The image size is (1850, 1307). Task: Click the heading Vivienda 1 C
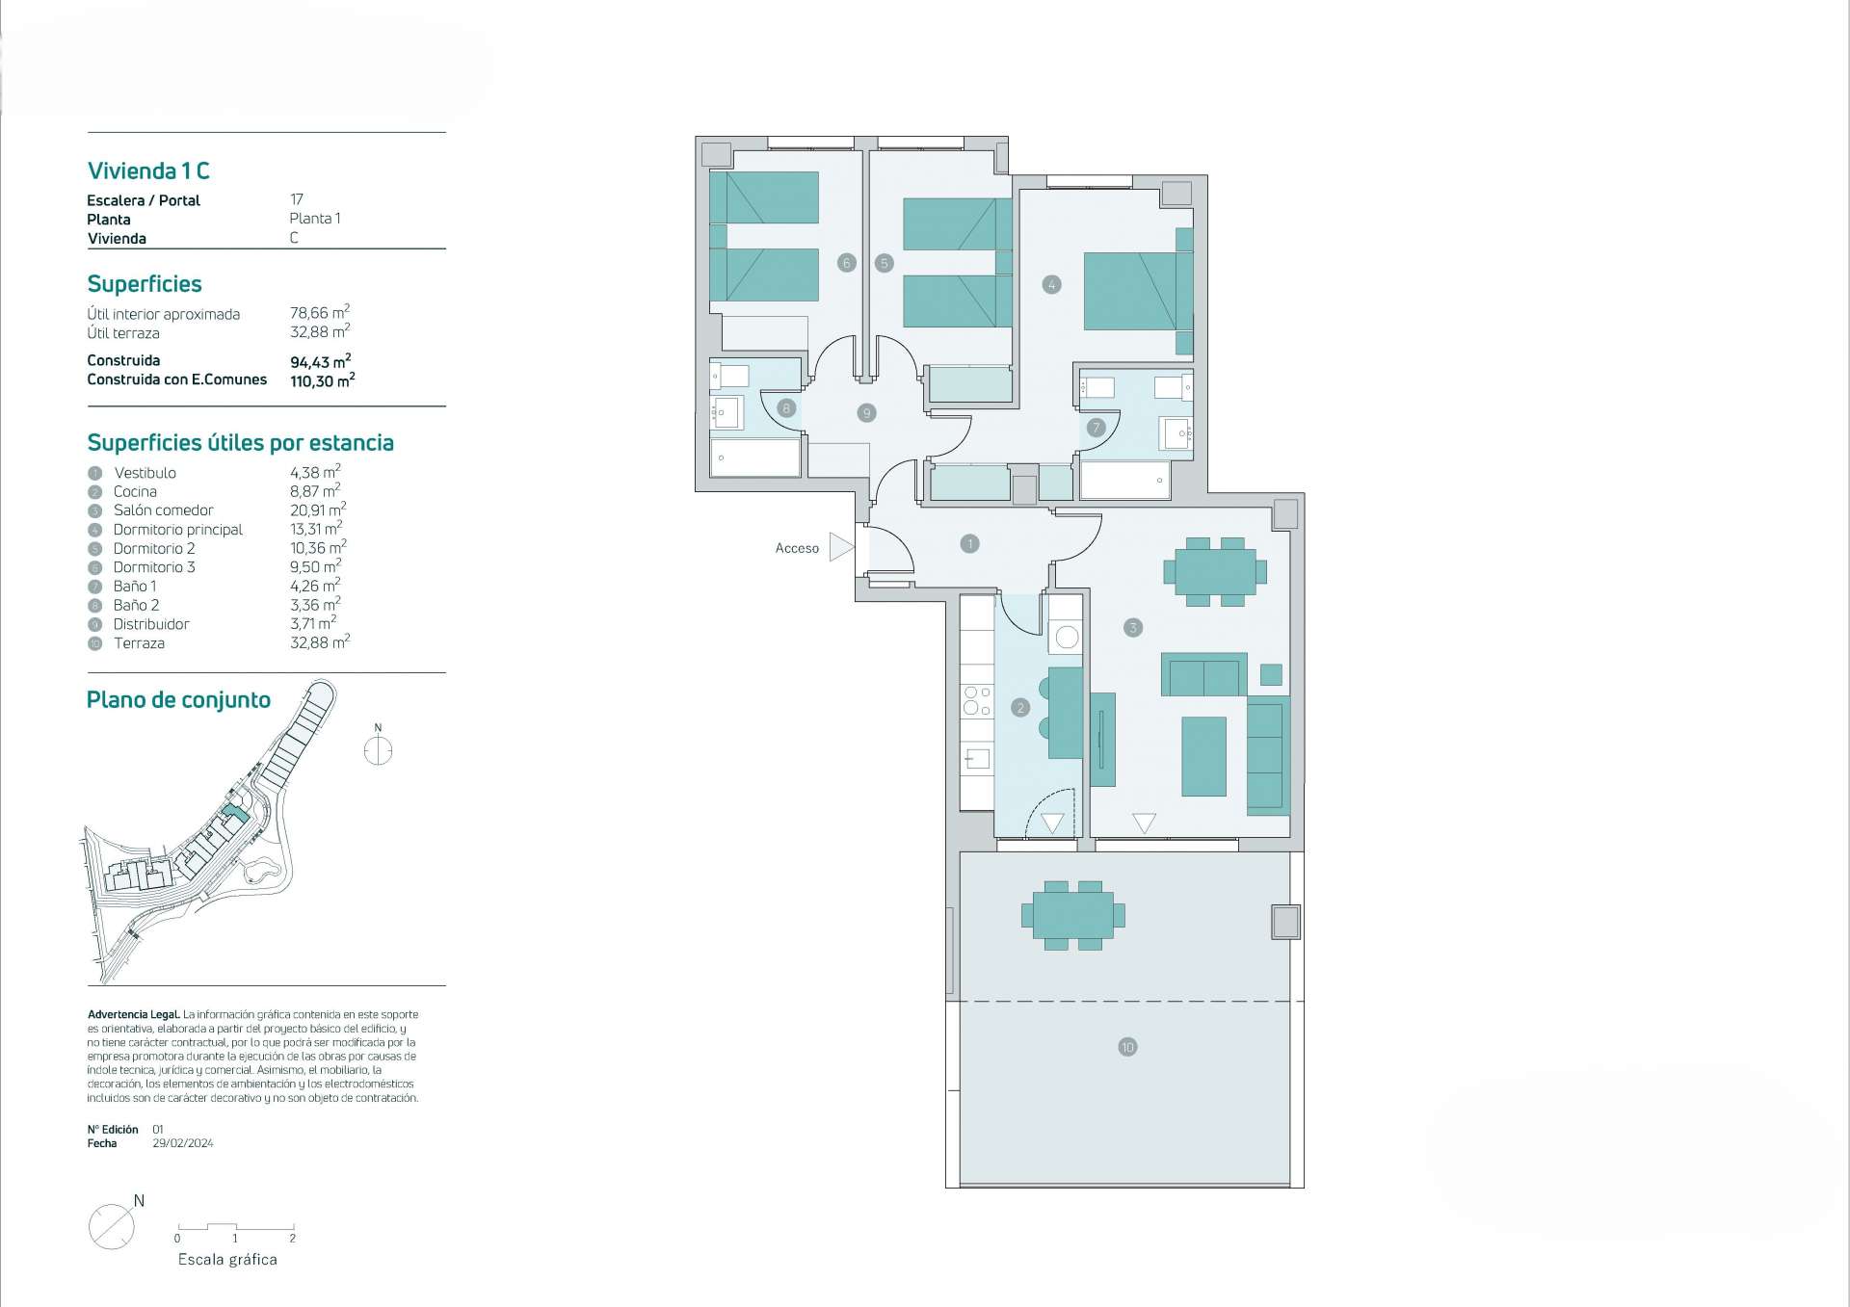click(x=148, y=171)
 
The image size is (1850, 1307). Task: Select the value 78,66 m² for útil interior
click(x=320, y=312)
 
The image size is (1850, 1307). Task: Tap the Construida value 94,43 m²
click(x=321, y=361)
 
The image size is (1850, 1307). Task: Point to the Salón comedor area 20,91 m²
click(x=318, y=510)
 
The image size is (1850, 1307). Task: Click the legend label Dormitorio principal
click(x=178, y=530)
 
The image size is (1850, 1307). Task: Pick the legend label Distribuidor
click(x=151, y=624)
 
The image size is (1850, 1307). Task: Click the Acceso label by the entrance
click(x=797, y=548)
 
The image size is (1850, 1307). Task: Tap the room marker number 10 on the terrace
click(x=1127, y=1047)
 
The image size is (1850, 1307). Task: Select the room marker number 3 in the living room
click(x=1133, y=628)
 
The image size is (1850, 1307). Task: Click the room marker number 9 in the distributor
click(x=866, y=413)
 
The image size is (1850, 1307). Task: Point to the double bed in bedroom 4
click(x=1138, y=291)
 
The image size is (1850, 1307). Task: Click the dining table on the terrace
click(x=1073, y=915)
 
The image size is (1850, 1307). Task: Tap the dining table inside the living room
click(x=1216, y=572)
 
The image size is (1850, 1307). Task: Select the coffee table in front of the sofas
click(x=1204, y=756)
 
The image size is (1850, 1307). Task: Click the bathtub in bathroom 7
click(x=1124, y=480)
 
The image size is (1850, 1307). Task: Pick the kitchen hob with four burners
click(x=977, y=700)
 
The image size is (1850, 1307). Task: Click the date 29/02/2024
click(x=183, y=1143)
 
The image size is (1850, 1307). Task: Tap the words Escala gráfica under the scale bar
click(x=227, y=1260)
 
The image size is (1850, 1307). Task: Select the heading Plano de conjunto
click(x=178, y=700)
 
